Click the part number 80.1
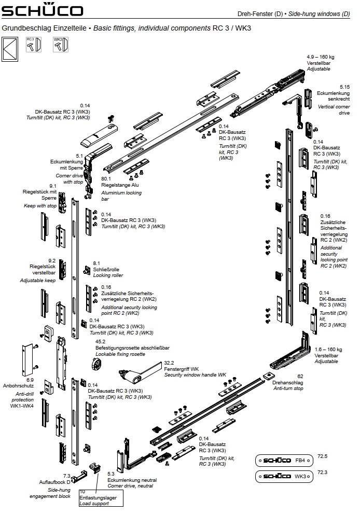tap(106, 178)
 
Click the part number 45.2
tap(100, 342)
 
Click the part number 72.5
tap(323, 456)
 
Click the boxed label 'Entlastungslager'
tap(98, 498)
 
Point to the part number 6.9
tap(30, 379)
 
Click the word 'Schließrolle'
tap(106, 270)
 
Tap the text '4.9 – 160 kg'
tap(320, 56)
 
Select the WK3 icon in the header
tap(60, 45)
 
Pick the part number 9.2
tap(52, 260)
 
